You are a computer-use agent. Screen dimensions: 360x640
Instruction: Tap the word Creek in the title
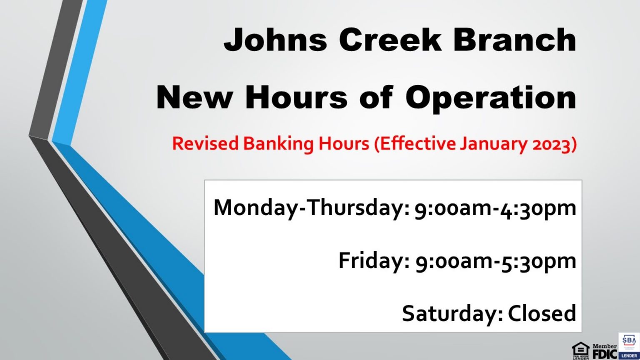tap(390, 40)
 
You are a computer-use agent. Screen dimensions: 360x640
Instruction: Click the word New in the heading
tap(194, 97)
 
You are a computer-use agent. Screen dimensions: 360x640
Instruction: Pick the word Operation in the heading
tap(491, 98)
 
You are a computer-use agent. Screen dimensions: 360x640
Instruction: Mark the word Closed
tap(542, 313)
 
